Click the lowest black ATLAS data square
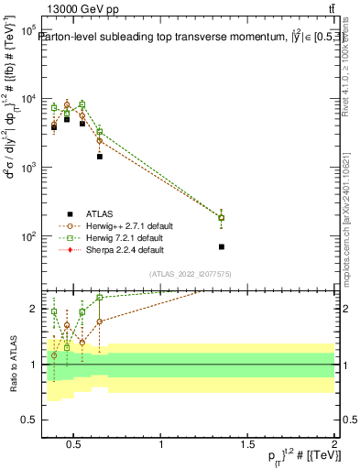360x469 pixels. [x=221, y=247]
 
